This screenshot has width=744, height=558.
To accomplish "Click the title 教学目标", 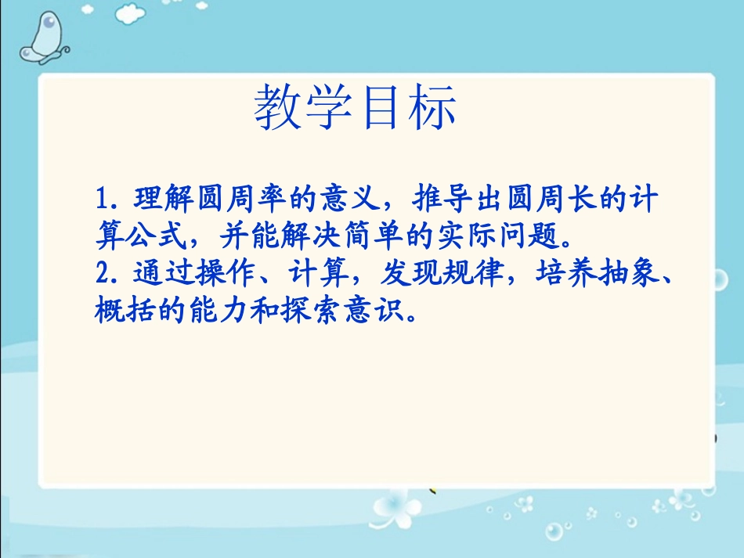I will coord(355,109).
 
